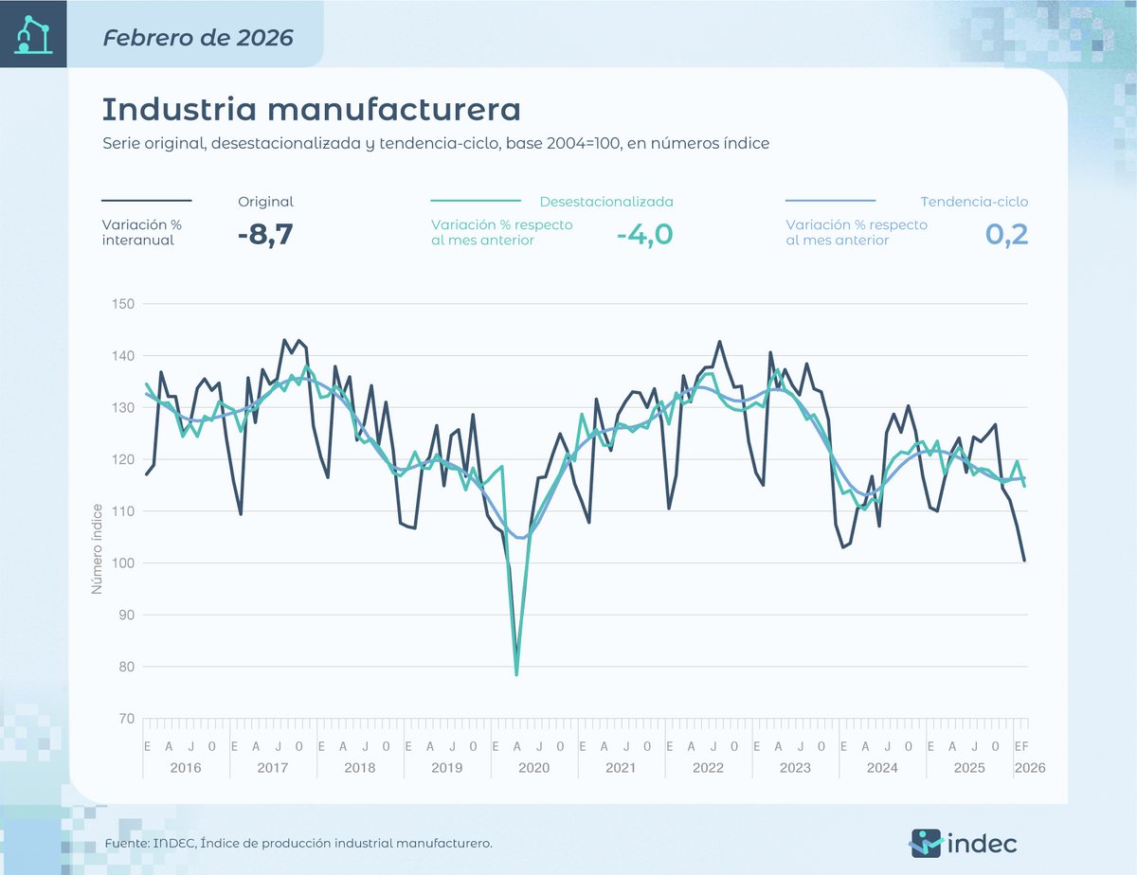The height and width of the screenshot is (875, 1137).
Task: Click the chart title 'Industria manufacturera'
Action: [x=311, y=109]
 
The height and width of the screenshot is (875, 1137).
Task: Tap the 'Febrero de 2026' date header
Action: [x=198, y=38]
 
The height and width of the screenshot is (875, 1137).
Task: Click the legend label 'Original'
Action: [x=265, y=202]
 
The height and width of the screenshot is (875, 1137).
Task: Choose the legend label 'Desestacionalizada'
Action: [x=606, y=202]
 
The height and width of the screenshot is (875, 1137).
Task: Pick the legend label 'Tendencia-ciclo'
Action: [x=974, y=202]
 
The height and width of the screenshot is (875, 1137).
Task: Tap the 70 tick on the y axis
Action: [x=125, y=719]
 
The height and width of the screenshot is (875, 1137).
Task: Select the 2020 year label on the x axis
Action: [x=533, y=767]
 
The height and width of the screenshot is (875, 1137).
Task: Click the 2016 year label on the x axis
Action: [x=185, y=767]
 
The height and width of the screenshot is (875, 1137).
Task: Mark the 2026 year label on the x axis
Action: [x=1029, y=767]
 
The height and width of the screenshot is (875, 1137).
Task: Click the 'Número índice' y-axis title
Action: [x=96, y=548]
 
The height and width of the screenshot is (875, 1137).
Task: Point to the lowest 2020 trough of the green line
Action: [x=516, y=674]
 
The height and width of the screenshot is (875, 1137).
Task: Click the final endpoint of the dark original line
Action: [x=1024, y=561]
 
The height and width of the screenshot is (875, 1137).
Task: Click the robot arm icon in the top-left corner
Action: [x=33, y=34]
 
